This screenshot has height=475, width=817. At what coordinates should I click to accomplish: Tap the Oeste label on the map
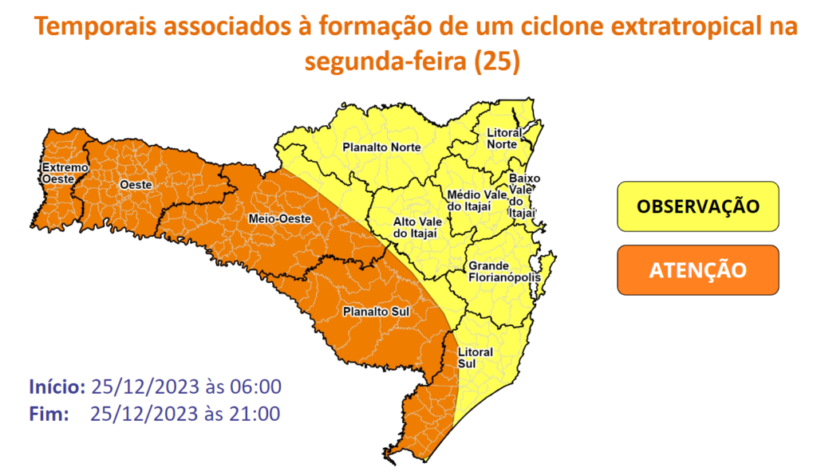tap(136, 185)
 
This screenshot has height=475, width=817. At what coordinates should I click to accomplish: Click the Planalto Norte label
tap(381, 147)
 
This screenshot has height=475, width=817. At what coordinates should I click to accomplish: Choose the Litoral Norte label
tap(503, 138)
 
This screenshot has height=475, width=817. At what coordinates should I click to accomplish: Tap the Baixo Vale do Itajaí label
tap(524, 195)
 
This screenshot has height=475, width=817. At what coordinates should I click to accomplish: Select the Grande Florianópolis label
tap(503, 272)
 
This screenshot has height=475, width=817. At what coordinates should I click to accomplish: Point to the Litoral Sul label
tap(475, 357)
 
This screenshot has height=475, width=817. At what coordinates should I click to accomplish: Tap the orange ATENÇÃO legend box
tap(697, 269)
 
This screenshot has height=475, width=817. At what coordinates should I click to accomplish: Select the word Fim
tap(47, 414)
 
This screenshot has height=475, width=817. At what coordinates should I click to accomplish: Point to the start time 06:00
tap(258, 388)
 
